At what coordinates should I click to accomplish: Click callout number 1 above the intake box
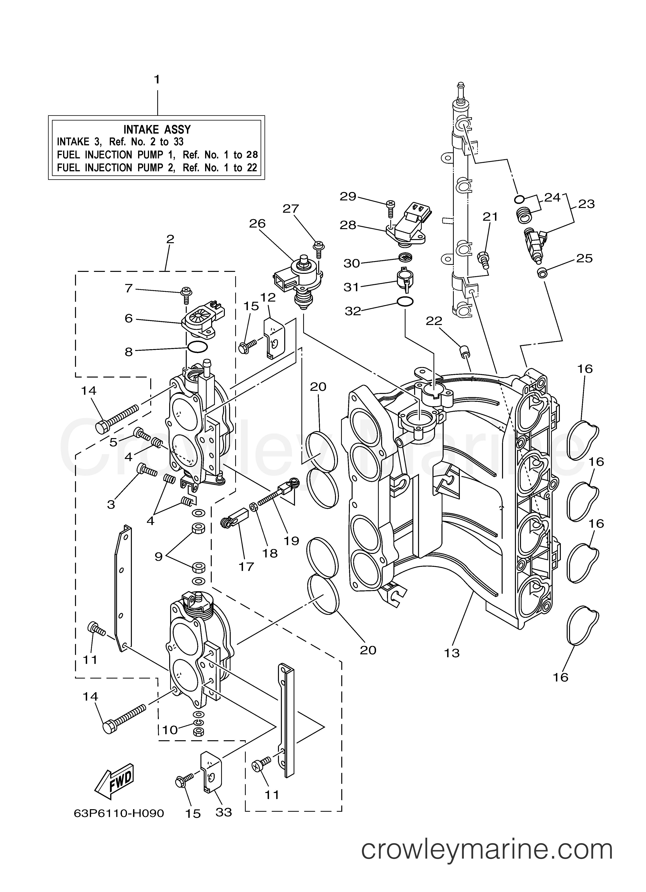pos(157,80)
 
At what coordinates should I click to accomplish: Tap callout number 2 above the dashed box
pos(170,239)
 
